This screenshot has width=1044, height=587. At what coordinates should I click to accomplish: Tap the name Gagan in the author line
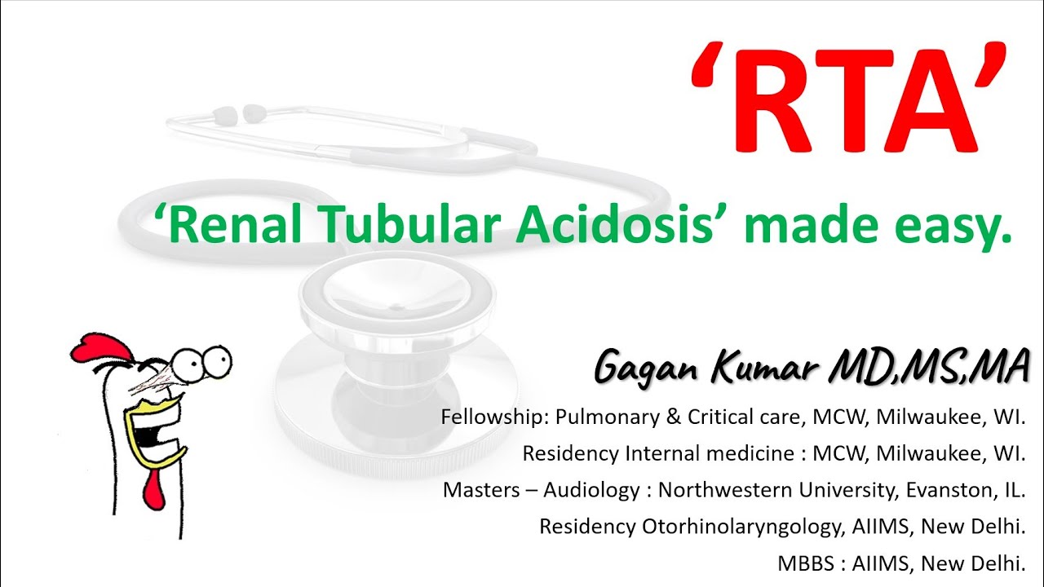(648, 368)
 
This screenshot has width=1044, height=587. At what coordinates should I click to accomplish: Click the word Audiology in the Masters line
(599, 490)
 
